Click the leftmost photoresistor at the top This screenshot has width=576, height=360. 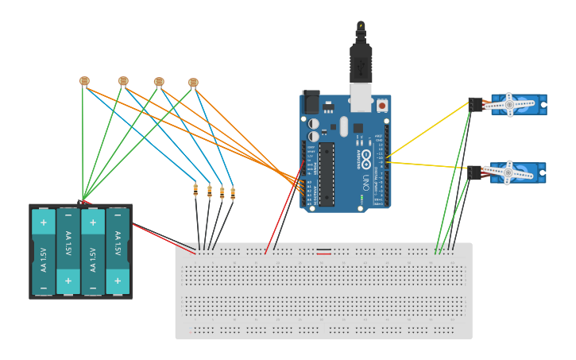click(84, 80)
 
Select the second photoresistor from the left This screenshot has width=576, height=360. click(123, 80)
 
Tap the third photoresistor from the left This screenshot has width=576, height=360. click(159, 81)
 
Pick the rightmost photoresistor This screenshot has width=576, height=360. click(193, 82)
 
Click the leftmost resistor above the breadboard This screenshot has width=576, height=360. click(195, 189)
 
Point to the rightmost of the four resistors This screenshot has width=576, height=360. click(233, 192)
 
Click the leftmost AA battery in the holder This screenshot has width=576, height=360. click(44, 251)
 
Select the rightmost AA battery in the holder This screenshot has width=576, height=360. click(118, 251)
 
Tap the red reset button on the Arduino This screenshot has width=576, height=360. click(382, 105)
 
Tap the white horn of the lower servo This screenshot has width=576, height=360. click(508, 172)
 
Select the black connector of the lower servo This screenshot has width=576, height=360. click(475, 172)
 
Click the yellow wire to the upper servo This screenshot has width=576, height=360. click(429, 129)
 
